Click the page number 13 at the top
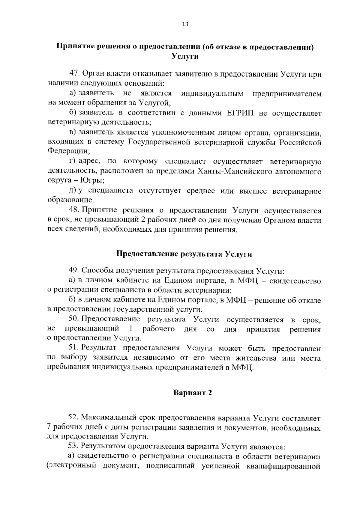185,25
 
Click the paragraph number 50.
73,319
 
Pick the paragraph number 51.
73,348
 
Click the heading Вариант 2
193,393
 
